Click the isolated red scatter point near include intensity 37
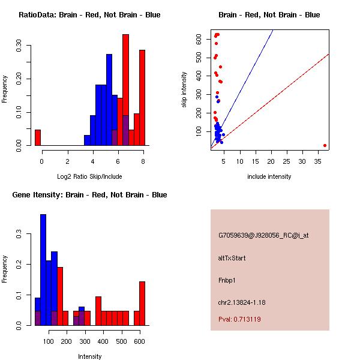[325, 145]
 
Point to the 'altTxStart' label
[232, 259]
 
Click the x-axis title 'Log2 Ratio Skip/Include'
[89, 176]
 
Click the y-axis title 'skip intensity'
[184, 90]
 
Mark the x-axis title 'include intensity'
[269, 176]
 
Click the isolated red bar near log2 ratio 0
[38, 137]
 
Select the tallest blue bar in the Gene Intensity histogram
[43, 270]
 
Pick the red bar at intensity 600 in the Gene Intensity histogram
[142, 303]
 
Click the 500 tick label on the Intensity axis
[122, 341]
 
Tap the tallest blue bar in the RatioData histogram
[109, 100]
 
